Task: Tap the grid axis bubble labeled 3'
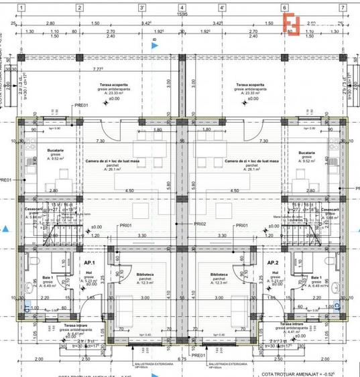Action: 141,9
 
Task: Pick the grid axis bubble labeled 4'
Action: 221,9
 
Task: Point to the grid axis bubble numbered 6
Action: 284,9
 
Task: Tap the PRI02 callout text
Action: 199,224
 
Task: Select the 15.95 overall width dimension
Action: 182,14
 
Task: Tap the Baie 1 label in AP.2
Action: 314,277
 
